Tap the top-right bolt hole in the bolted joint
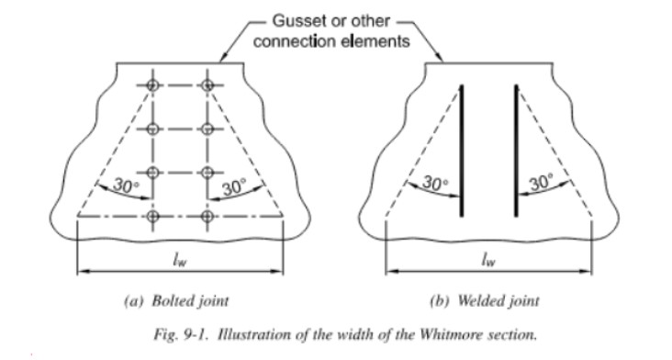pyautogui.click(x=209, y=85)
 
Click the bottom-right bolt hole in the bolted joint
pyautogui.click(x=209, y=216)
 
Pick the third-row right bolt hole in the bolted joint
pyautogui.click(x=209, y=173)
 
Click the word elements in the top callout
pyautogui.click(x=380, y=39)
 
